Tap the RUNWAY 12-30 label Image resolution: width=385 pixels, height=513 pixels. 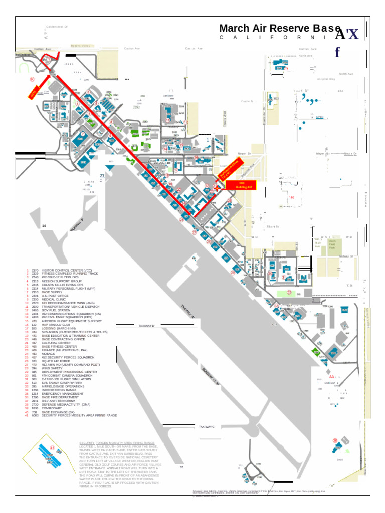tap(211, 375)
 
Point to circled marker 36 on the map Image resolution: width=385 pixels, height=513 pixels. tap(335, 440)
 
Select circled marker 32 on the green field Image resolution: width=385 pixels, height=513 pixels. tap(289, 292)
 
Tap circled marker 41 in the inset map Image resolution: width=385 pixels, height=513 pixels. tap(52, 448)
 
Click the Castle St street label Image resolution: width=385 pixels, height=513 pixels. tap(248, 101)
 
